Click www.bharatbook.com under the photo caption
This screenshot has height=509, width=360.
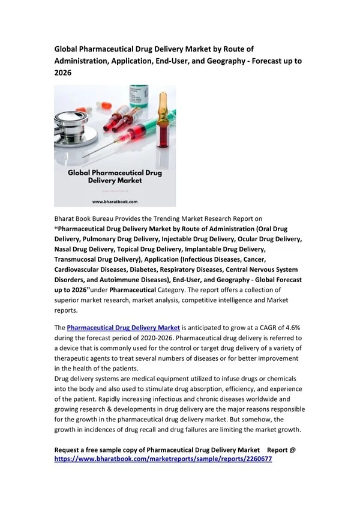pos(115,202)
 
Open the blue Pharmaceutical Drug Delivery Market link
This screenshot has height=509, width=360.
pos(123,327)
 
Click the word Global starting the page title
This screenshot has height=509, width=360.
pos(67,49)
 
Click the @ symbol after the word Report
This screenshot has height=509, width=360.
pos(292,449)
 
